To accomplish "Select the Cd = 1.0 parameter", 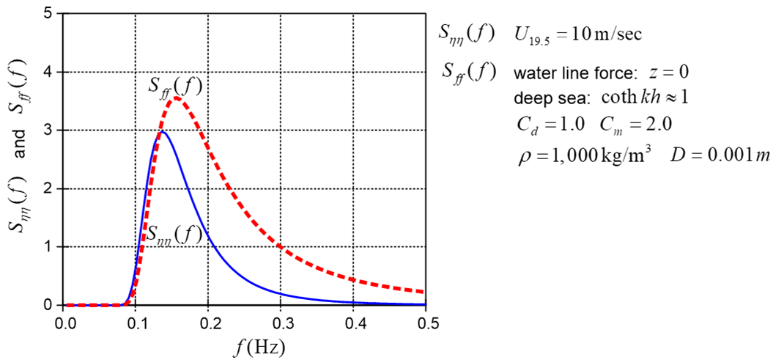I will (549, 123).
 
